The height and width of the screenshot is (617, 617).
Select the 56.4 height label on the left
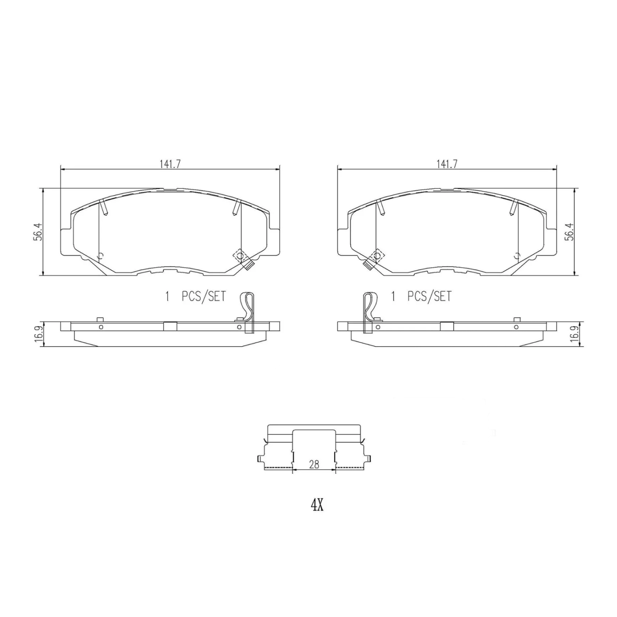[x=38, y=231]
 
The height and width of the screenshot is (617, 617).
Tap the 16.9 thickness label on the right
[x=575, y=333]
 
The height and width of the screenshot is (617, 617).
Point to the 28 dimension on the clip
[x=314, y=465]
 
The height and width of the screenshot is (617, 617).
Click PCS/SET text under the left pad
[x=203, y=296]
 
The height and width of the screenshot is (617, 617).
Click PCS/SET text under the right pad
[x=429, y=296]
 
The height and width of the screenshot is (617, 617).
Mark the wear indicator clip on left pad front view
[x=242, y=259]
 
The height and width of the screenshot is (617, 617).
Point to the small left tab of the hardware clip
[x=260, y=459]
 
